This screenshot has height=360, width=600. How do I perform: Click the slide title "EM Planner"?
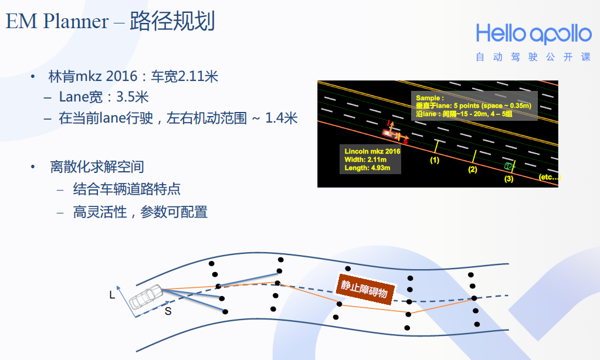57,22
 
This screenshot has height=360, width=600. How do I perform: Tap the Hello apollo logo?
533,34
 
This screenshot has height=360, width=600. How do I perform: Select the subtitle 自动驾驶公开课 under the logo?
533,57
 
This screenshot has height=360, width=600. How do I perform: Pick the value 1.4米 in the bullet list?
282,118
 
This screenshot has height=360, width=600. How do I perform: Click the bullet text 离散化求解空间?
97,167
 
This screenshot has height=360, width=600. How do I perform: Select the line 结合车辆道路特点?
127,189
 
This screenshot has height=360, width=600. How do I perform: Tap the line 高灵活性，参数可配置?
140,212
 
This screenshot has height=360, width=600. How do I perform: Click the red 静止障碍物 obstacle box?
364,288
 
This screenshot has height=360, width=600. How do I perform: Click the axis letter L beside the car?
112,295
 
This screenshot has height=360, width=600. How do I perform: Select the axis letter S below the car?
168,311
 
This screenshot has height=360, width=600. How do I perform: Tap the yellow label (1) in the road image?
435,159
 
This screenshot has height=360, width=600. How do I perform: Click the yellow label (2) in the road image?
473,169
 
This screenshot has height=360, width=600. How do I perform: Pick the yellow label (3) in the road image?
509,179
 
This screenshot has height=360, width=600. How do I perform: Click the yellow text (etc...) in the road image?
550,176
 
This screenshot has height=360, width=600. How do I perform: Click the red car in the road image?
389,133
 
